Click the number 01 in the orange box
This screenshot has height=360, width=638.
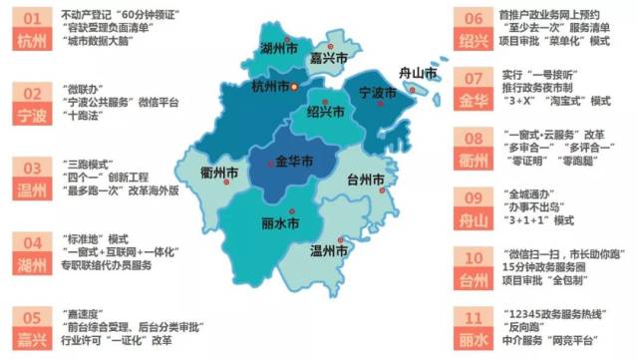coord(33,18)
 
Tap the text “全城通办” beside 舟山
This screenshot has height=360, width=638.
coord(522,190)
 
